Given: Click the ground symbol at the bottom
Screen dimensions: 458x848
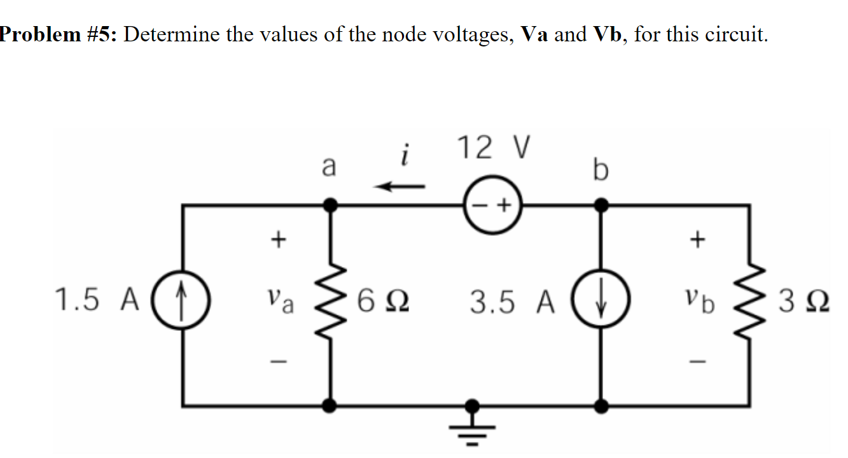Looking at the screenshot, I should [x=472, y=420].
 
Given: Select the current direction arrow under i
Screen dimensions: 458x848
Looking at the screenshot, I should [x=399, y=186].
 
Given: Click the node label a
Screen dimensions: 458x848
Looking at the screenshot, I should [x=328, y=167].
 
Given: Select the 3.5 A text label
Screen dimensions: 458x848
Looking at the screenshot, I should [x=512, y=302].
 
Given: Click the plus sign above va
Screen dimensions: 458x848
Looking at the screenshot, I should [x=277, y=240].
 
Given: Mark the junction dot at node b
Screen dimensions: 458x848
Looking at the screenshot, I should [x=599, y=205].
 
